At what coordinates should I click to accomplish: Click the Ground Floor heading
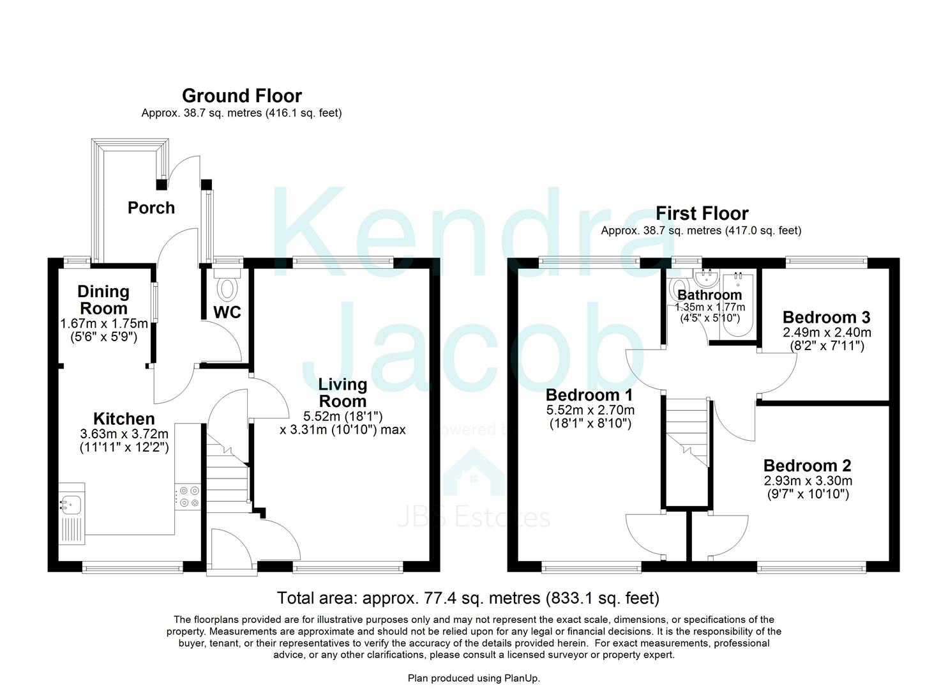coord(241,96)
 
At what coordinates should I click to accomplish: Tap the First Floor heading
coord(702,213)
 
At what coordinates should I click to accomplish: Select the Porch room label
coord(151,208)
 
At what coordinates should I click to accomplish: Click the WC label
coord(227,312)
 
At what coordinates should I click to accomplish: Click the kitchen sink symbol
coord(71,505)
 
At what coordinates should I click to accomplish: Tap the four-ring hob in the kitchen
coord(188,496)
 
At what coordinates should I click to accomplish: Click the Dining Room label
coord(103,300)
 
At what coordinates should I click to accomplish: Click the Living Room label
coord(343,393)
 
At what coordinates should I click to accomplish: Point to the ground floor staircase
coord(227,473)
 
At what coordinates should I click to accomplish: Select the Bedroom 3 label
coord(826,318)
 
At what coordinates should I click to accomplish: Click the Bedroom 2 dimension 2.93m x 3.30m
coord(808,480)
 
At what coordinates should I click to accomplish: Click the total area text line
coord(468,598)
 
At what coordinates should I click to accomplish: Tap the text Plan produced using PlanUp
coord(474,678)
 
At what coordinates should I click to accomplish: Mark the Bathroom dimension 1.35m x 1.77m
coord(709,307)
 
